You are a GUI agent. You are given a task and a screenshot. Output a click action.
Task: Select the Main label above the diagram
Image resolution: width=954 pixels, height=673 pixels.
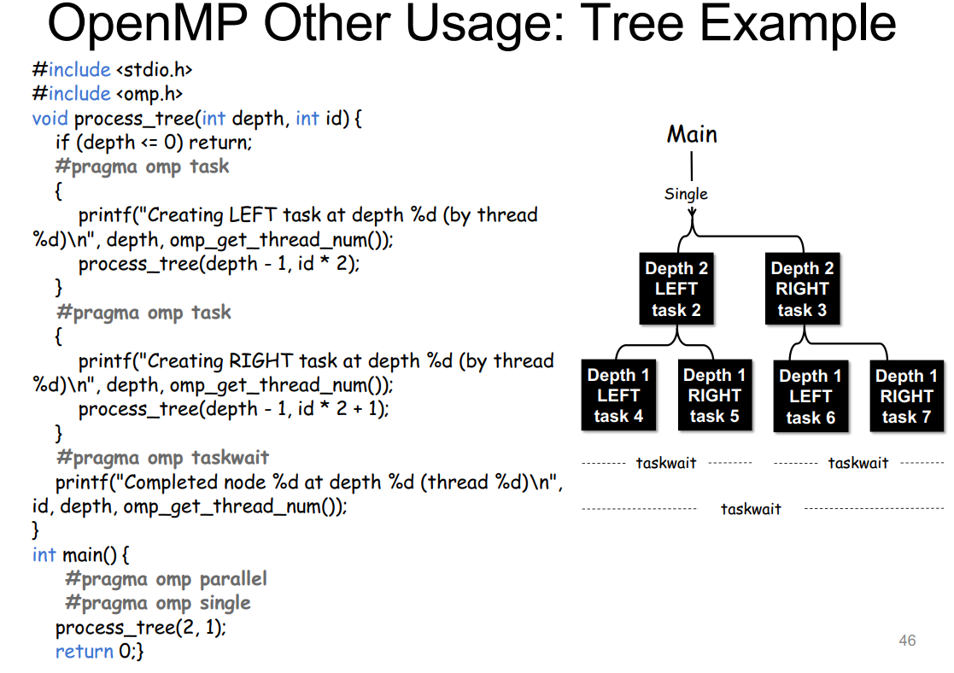pyautogui.click(x=692, y=134)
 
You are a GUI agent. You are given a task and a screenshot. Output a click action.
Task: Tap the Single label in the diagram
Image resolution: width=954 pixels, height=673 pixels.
pyautogui.click(x=686, y=194)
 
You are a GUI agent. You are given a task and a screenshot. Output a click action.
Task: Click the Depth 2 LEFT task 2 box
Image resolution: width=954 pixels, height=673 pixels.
pyautogui.click(x=676, y=289)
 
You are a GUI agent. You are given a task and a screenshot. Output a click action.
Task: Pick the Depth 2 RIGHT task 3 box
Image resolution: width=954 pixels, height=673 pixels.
pyautogui.click(x=803, y=289)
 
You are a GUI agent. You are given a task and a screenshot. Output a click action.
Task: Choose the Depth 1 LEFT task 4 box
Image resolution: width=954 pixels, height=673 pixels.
pyautogui.click(x=618, y=395)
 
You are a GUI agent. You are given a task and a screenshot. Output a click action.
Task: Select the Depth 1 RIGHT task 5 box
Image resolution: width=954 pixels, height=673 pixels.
pyautogui.click(x=715, y=395)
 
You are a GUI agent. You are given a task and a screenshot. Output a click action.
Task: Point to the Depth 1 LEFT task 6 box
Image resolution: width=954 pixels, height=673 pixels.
pyautogui.click(x=811, y=397)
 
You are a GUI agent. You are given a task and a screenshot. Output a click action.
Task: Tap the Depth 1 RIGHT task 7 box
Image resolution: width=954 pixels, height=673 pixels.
pyautogui.click(x=906, y=397)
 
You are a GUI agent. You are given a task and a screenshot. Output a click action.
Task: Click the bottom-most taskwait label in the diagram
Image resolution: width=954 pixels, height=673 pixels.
pyautogui.click(x=751, y=509)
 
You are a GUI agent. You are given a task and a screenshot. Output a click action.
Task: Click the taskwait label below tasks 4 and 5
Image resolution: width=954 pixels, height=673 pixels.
pyautogui.click(x=666, y=463)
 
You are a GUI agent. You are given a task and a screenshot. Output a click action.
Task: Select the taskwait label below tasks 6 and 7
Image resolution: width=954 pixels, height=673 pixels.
pyautogui.click(x=857, y=463)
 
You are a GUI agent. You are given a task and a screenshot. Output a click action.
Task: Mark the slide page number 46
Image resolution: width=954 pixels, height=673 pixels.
pyautogui.click(x=907, y=641)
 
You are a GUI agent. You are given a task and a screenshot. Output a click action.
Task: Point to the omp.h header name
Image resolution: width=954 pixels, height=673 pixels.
pyautogui.click(x=149, y=94)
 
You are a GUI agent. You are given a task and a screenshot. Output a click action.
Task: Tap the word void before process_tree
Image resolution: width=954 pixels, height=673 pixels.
pyautogui.click(x=50, y=118)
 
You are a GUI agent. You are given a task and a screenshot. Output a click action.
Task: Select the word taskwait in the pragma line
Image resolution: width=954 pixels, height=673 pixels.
pyautogui.click(x=230, y=458)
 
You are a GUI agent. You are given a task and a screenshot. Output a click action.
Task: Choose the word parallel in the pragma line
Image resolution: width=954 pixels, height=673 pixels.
pyautogui.click(x=233, y=579)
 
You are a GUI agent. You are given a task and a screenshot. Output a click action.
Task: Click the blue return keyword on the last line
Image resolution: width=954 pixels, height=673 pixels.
pyautogui.click(x=84, y=652)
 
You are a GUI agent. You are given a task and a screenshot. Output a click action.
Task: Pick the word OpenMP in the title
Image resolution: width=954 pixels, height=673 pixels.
pyautogui.click(x=148, y=23)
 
